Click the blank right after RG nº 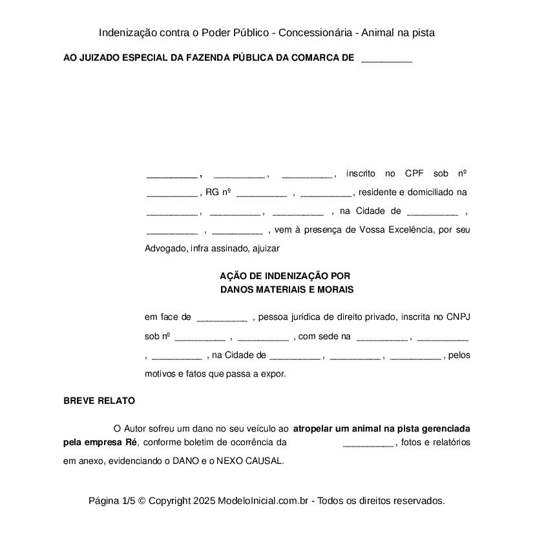pyautogui.click(x=261, y=193)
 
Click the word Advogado pyautogui.click(x=166, y=247)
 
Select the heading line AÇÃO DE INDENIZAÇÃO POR pyautogui.click(x=285, y=275)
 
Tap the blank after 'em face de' pyautogui.click(x=222, y=317)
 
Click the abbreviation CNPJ pyautogui.click(x=458, y=317)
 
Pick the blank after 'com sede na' pyautogui.click(x=382, y=337)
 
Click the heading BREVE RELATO pyautogui.click(x=99, y=401)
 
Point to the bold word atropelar pyautogui.click(x=313, y=428)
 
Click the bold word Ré pyautogui.click(x=132, y=443)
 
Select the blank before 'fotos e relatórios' pyautogui.click(x=368, y=443)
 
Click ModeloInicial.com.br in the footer pyautogui.click(x=266, y=501)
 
